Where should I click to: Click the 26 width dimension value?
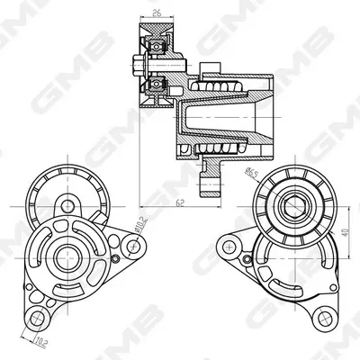coord(157,13)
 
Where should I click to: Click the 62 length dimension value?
coord(180,203)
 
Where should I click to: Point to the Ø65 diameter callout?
coord(251,174)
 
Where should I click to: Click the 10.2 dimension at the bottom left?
coord(40,341)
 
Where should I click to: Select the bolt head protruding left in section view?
coord(138,65)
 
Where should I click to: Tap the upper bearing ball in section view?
coord(156,47)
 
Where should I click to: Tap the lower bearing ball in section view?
coord(156,84)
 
